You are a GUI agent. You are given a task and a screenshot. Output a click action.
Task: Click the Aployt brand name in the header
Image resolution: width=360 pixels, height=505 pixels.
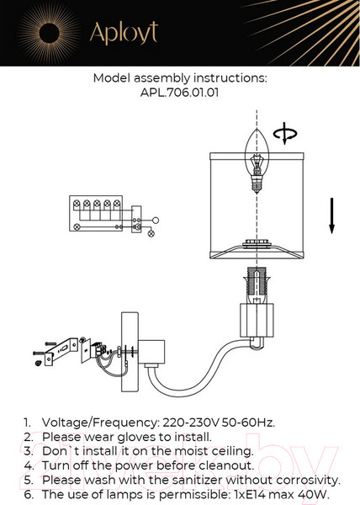click(124, 33)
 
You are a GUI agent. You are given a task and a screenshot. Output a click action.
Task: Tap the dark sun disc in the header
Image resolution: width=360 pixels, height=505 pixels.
click(50, 33)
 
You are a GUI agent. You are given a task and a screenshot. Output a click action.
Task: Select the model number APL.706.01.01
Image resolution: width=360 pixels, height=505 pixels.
click(179, 93)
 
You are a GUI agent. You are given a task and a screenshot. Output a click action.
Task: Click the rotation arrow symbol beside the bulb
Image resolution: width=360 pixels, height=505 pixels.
click(285, 133)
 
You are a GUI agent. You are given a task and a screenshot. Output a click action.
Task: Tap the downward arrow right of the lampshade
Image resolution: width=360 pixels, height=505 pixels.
click(331, 215)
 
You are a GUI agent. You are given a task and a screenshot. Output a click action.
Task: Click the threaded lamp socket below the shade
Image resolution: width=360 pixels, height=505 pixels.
click(257, 284)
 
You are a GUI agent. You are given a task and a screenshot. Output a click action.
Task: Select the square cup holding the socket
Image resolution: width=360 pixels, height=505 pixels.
click(257, 320)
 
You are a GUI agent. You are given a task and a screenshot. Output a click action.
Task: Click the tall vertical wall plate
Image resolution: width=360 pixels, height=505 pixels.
click(130, 352)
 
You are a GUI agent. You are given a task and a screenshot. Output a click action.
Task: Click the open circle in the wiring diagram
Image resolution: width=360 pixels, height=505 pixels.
click(156, 221)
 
